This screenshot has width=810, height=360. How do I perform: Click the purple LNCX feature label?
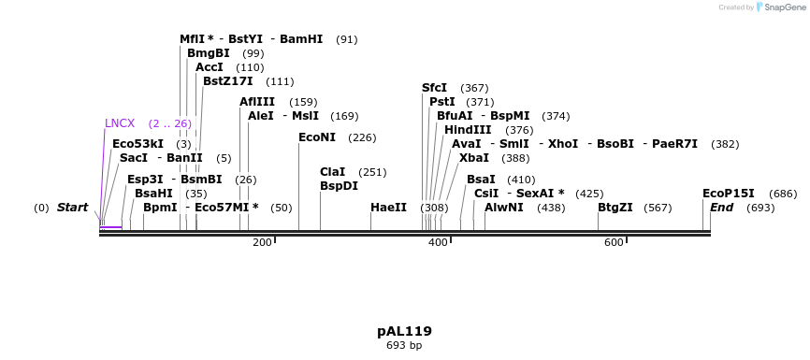[x=120, y=122]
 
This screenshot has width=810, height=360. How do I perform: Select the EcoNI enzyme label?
[x=317, y=137]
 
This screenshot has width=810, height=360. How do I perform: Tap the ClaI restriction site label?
[x=333, y=172]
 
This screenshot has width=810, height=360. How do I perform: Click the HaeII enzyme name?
[x=388, y=208]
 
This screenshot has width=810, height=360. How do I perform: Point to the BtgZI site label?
[x=615, y=208]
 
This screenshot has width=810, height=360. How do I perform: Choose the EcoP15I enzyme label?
[x=729, y=194]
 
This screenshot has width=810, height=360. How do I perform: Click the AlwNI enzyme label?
[x=504, y=208]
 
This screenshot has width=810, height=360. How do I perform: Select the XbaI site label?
[x=474, y=158]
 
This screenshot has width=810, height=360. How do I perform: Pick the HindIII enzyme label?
[x=468, y=130]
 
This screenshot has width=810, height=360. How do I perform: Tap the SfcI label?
[x=435, y=88]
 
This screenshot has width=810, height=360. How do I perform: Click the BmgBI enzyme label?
[x=209, y=53]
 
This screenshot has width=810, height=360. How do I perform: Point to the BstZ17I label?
[x=228, y=81]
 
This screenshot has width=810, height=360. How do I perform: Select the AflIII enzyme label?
[x=257, y=102]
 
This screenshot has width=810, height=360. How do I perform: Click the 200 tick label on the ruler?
[x=262, y=243]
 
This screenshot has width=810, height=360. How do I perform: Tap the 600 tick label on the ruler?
[x=614, y=243]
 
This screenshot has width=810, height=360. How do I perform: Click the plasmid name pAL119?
[x=404, y=331]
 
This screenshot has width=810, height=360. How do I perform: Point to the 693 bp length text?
[x=404, y=346]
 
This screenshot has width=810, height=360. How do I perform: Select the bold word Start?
[x=72, y=208]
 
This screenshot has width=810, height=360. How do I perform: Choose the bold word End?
[x=721, y=208]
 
